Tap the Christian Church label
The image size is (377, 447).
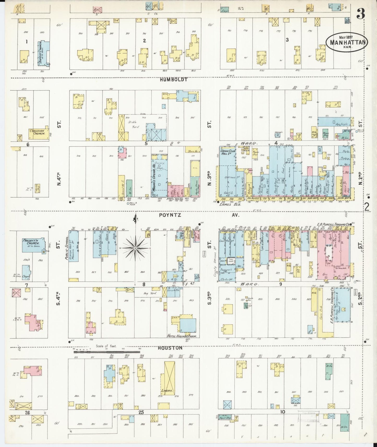(37, 132)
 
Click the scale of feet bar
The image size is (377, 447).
(107, 352)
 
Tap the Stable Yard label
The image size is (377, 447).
(134, 124)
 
